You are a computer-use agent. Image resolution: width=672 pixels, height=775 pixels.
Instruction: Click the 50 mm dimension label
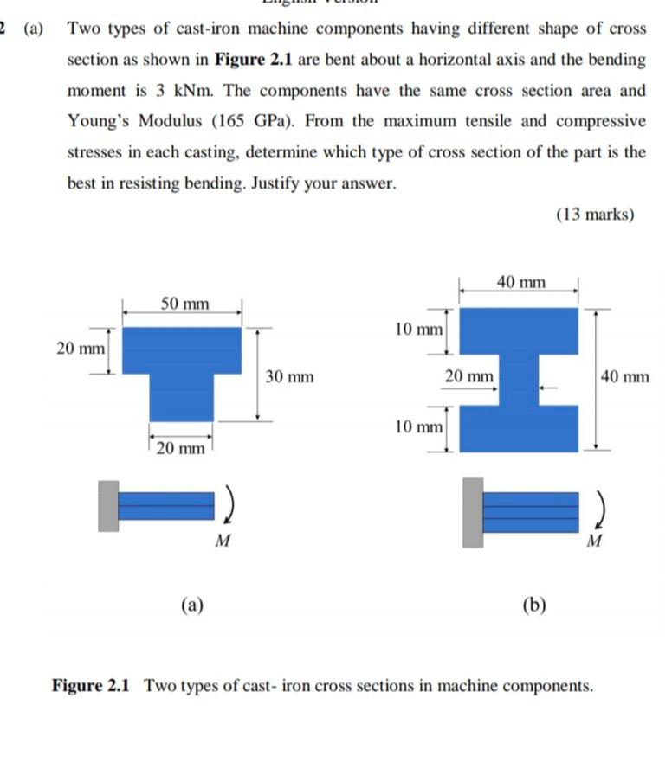tap(184, 304)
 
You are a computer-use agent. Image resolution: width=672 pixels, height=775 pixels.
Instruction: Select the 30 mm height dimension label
tap(289, 377)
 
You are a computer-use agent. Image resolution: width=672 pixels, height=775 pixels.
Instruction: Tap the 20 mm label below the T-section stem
tap(181, 447)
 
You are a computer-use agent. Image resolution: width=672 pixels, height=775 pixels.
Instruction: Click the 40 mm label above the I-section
tap(521, 281)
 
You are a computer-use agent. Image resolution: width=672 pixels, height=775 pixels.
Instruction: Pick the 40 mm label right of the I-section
tap(624, 377)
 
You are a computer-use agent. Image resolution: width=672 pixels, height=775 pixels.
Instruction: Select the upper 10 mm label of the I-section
tap(417, 330)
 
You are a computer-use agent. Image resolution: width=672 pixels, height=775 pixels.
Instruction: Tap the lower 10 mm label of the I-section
tap(417, 426)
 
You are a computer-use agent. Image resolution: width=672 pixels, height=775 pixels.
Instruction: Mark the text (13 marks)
tap(595, 215)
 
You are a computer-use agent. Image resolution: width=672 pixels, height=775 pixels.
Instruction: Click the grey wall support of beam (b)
tap(473, 511)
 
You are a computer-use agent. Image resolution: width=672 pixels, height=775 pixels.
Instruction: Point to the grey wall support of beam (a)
tap(108, 506)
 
